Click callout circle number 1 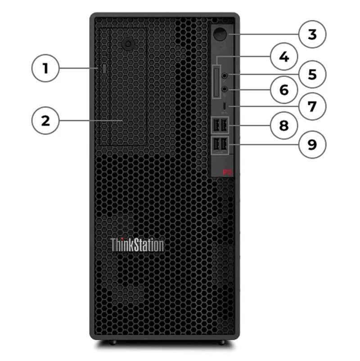pyautogui.click(x=45, y=69)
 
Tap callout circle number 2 pyautogui.click(x=45, y=121)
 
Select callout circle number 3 pyautogui.click(x=312, y=34)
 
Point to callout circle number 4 pyautogui.click(x=283, y=57)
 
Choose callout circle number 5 pyautogui.click(x=312, y=73)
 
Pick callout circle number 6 pyautogui.click(x=283, y=90)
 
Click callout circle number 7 pyautogui.click(x=312, y=106)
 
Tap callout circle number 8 pyautogui.click(x=283, y=125)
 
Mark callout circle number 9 pyautogui.click(x=312, y=144)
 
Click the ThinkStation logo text pyautogui.click(x=137, y=245)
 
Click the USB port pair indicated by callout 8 pyautogui.click(x=220, y=125)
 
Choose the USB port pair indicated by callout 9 pyautogui.click(x=220, y=144)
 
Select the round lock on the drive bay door pyautogui.click(x=129, y=44)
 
